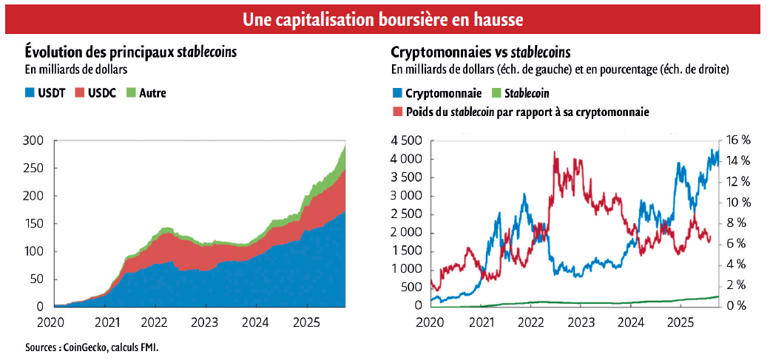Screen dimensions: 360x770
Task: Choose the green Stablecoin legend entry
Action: (525, 93)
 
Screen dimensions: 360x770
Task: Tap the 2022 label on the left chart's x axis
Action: (155, 322)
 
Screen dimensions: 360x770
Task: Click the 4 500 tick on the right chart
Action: (405, 140)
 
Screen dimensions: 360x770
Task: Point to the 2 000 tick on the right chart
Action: (405, 232)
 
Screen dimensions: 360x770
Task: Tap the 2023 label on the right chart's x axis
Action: (581, 322)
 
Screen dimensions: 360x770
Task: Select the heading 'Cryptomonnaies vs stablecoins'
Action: (481, 52)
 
